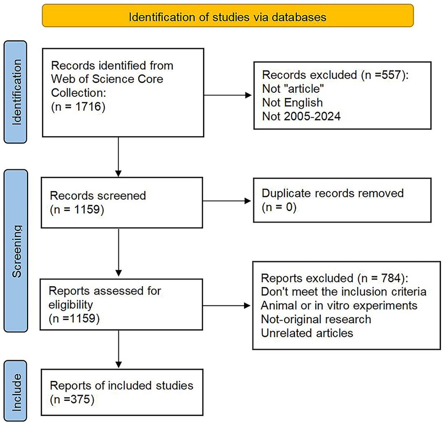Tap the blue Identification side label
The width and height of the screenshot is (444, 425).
tap(16, 92)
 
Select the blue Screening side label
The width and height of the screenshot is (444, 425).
tap(16, 251)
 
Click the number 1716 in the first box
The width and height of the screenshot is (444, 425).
tap(88, 107)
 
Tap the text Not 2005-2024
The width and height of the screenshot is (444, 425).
tap(301, 116)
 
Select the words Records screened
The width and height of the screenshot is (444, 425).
tap(98, 196)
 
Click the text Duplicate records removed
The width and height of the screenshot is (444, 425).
tap(332, 193)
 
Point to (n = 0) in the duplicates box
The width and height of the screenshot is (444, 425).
tap(279, 207)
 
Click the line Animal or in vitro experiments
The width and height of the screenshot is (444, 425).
tap(339, 306)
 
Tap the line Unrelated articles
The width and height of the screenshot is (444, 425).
tap(307, 333)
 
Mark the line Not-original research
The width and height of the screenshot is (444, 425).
tap(316, 319)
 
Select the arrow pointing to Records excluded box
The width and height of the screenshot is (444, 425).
tap(248, 95)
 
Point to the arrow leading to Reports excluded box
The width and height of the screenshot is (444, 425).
tap(247, 306)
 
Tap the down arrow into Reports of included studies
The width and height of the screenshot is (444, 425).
tap(118, 364)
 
